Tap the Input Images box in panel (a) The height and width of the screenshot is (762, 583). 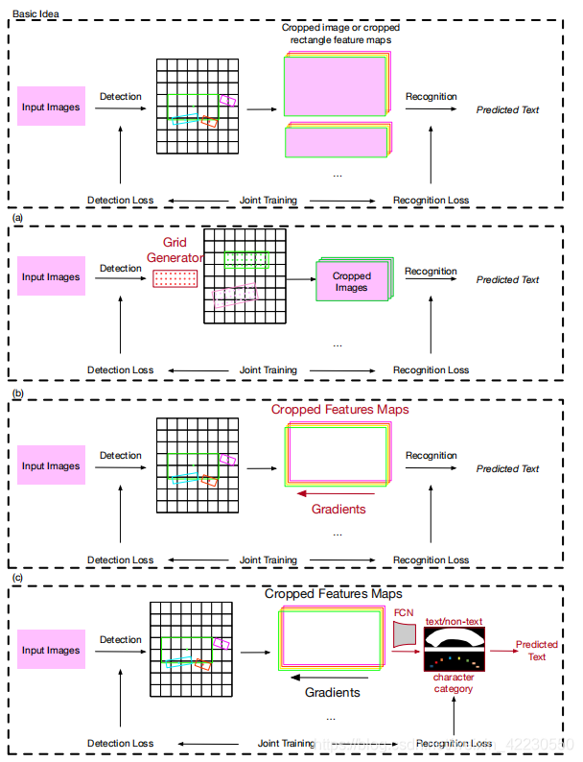coord(52,277)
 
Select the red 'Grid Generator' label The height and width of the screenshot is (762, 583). coord(175,250)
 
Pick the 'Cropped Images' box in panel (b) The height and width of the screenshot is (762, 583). coord(351,281)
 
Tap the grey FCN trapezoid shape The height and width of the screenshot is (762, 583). coord(404,633)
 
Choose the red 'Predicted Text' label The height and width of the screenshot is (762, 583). coord(537,650)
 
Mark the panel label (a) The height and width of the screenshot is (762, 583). coord(17,219)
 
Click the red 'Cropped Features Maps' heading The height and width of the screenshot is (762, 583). coord(339,410)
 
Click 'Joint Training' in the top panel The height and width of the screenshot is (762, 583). coord(268,201)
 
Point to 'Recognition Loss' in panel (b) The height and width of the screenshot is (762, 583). coord(431,560)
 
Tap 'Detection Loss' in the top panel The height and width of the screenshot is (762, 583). coord(120,201)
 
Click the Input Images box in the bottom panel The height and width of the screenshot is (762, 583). coord(52,651)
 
